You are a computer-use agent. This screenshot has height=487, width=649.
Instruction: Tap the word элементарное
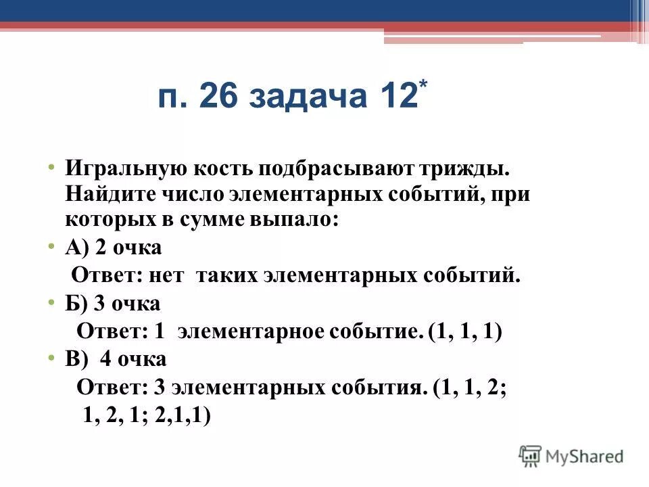(x=251, y=331)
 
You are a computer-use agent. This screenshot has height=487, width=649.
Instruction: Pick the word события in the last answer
(x=385, y=387)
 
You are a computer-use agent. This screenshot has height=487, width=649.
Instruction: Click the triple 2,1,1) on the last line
(x=183, y=414)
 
